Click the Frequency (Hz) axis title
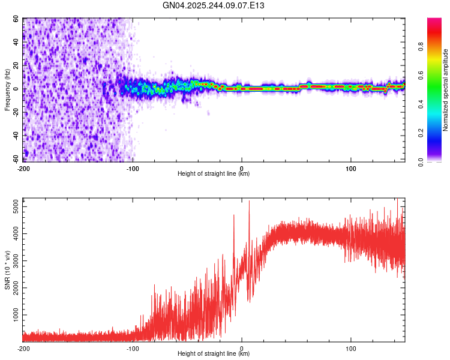pyautogui.click(x=8, y=90)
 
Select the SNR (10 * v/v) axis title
pyautogui.click(x=8, y=270)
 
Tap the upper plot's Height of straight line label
pyautogui.click(x=214, y=174)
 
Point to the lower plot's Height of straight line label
pyautogui.click(x=214, y=354)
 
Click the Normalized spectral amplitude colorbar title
pyautogui.click(x=446, y=90)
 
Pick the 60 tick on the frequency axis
pyautogui.click(x=16, y=19)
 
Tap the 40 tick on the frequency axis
pyautogui.click(x=16, y=43)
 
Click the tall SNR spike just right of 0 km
pyautogui.click(x=249, y=202)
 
